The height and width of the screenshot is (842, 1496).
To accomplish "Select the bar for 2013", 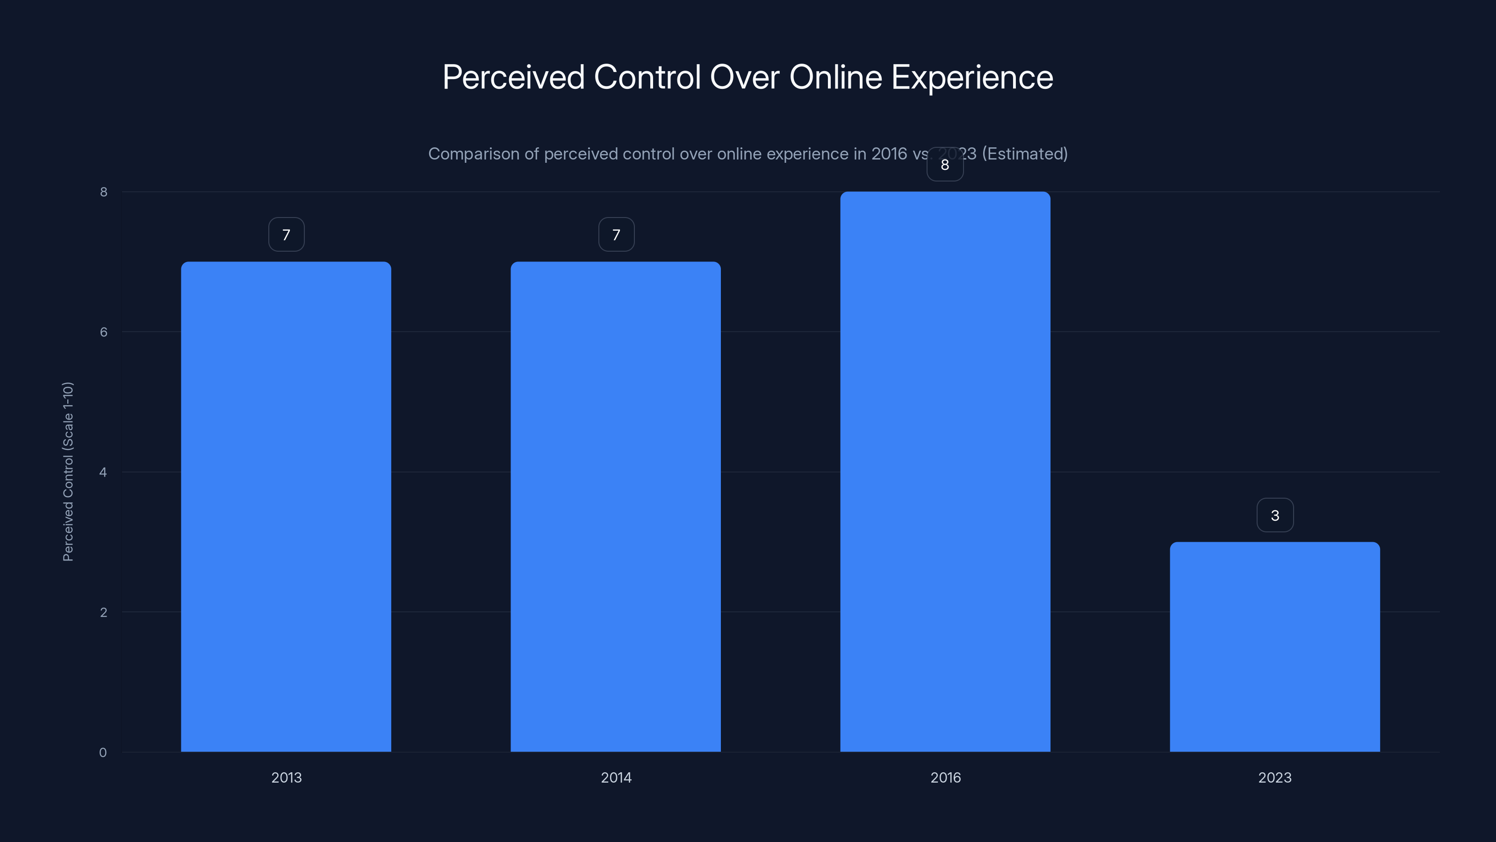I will (286, 506).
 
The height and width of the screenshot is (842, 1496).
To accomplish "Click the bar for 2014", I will (616, 506).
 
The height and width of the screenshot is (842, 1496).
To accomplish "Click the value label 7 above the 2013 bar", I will (286, 235).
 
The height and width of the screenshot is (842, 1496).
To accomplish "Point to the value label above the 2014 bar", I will (616, 235).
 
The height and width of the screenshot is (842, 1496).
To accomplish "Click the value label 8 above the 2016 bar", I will (945, 165).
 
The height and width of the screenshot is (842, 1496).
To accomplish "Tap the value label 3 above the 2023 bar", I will (1275, 515).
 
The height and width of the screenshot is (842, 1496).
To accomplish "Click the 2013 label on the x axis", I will (286, 777).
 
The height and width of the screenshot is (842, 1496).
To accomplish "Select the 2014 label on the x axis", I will (616, 777).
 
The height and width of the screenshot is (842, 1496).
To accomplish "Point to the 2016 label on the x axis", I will (945, 777).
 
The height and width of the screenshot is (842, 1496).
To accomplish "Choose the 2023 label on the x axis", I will (1275, 777).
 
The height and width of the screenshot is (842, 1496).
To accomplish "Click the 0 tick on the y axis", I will (103, 753).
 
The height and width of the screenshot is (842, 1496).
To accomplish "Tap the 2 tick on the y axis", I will (103, 612).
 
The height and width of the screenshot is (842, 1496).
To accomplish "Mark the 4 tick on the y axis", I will (103, 472).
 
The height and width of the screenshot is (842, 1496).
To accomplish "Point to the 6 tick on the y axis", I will (103, 332).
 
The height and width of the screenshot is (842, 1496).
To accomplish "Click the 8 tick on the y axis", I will (103, 192).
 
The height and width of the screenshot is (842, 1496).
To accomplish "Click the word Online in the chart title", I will (836, 77).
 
